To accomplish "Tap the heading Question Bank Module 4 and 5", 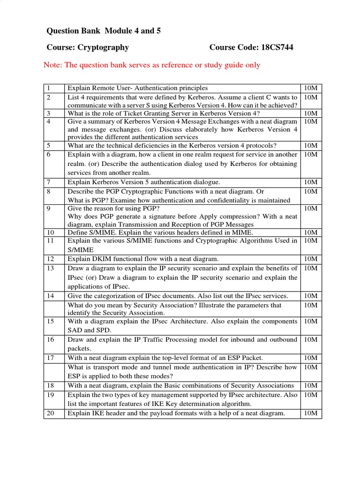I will [100, 31].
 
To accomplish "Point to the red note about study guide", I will [151, 65].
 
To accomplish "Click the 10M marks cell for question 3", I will [310, 113].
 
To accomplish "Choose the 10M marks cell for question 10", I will [310, 232].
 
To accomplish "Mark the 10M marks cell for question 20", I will [310, 413].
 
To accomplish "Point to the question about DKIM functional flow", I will [143, 259].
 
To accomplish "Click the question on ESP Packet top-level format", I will [168, 358].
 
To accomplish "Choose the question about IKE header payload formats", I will [176, 413].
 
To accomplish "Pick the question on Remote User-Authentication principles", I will [138, 88].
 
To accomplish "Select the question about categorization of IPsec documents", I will [178, 296].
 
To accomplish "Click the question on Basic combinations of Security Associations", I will [180, 385].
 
